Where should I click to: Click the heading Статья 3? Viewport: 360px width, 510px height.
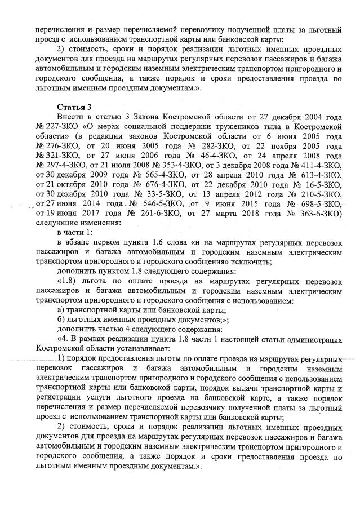74,107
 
